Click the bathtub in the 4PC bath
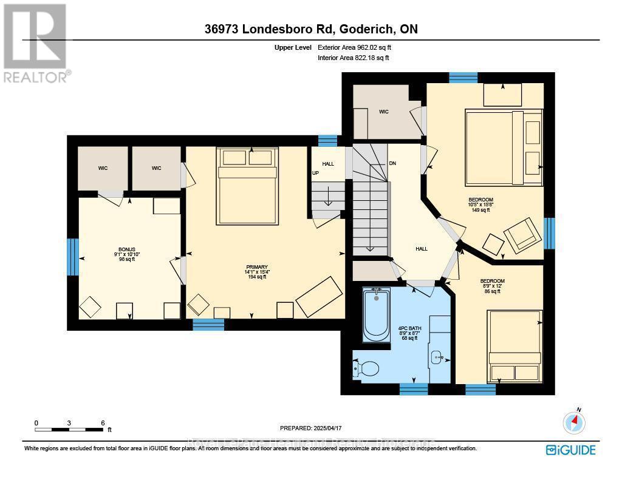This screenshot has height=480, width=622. pos(377,314)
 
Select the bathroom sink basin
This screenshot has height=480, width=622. pos(439,357)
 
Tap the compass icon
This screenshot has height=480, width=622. pos(574,421)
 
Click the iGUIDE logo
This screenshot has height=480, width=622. pos(570,450)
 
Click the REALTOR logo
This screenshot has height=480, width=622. pos(36,42)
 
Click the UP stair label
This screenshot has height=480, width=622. pos(315,173)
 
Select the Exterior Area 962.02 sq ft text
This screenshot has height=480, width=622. pos(359,47)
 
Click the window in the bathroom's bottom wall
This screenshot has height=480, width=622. pos(414,388)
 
